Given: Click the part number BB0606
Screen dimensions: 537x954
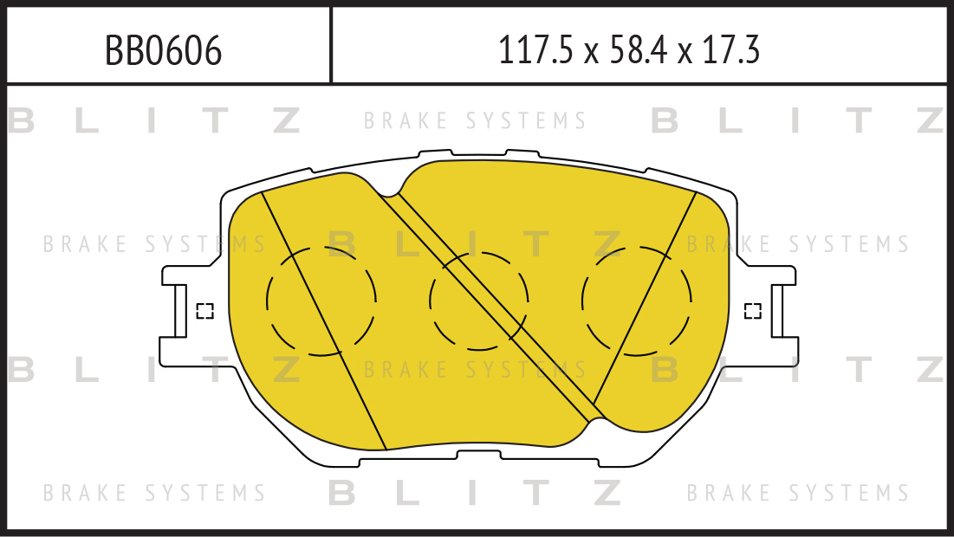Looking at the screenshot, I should [x=164, y=51].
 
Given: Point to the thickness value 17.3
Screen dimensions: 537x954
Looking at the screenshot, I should [x=731, y=51].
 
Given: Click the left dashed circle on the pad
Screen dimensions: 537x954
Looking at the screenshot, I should [x=321, y=301].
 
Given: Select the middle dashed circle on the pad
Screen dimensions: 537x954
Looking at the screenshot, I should [x=478, y=301].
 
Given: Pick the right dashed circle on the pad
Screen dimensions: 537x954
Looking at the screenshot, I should [x=637, y=301].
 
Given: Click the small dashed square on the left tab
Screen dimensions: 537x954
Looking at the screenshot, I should [x=204, y=311].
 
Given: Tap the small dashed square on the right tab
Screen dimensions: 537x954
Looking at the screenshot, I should [x=753, y=311].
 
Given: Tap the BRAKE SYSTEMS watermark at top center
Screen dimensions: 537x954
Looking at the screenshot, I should [x=475, y=120].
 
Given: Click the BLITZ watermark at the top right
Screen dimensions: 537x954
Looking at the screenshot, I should [x=797, y=121].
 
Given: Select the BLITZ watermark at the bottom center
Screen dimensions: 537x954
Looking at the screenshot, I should [x=475, y=493].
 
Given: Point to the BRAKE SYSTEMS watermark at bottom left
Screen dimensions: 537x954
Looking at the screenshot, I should [x=154, y=494].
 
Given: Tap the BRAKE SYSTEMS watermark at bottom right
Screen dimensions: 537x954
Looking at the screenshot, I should [x=798, y=494].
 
